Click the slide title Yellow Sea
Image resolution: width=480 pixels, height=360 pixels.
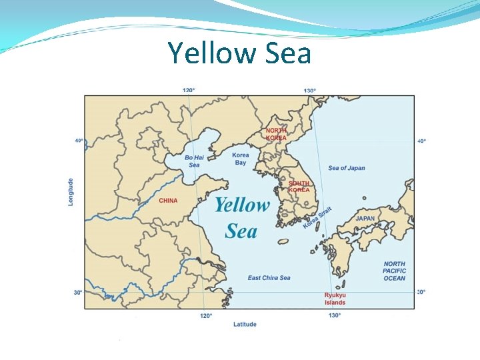(x=239, y=53)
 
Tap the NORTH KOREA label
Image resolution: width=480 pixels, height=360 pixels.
(x=276, y=134)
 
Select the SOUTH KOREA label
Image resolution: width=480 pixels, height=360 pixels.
(x=299, y=187)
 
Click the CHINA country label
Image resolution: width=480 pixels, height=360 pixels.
(x=168, y=201)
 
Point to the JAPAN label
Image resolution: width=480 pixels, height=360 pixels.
(x=365, y=218)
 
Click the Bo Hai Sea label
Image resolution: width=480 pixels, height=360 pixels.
(x=194, y=161)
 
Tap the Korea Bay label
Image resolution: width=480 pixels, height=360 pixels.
(x=241, y=159)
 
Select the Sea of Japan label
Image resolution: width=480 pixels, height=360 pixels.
(x=347, y=168)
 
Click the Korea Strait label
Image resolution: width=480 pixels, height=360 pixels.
(x=317, y=218)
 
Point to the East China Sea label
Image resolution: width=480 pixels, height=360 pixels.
(x=269, y=278)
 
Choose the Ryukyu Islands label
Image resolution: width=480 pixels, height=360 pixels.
(x=335, y=299)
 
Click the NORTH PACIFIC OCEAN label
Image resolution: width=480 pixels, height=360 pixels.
(x=394, y=271)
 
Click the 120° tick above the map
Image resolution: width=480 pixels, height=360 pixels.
(x=189, y=90)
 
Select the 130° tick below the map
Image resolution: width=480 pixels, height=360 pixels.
(x=335, y=315)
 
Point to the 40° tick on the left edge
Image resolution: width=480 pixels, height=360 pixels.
(x=79, y=141)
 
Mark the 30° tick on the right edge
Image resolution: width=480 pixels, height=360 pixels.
(x=421, y=292)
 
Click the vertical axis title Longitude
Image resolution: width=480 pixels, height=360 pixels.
(x=71, y=191)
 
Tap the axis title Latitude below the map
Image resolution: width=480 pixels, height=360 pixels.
(x=245, y=325)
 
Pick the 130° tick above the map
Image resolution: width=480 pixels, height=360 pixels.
(x=309, y=90)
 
